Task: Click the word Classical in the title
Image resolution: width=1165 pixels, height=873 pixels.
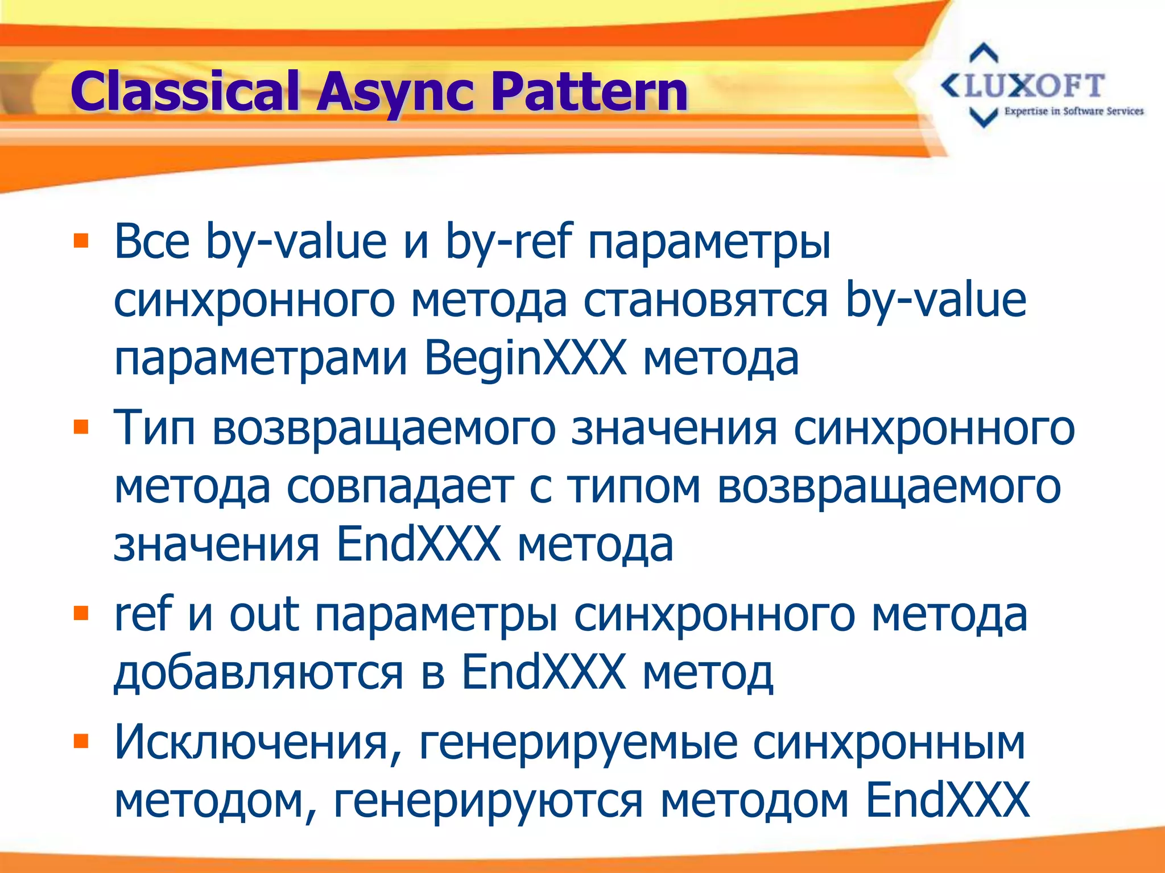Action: (x=185, y=91)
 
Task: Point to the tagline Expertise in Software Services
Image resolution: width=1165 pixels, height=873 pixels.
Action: (x=1073, y=111)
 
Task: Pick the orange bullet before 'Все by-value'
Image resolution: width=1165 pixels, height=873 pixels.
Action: (x=81, y=241)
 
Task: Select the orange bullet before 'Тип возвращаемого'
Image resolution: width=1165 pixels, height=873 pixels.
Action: (x=81, y=426)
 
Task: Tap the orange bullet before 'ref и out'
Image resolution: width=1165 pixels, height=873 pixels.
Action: (x=81, y=613)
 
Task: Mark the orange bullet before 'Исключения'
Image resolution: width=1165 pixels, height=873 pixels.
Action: (x=81, y=741)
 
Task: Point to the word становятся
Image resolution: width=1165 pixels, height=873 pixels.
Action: (x=705, y=301)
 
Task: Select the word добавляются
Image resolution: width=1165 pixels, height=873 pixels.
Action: (x=259, y=674)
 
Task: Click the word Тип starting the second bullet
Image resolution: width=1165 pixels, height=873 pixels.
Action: (x=155, y=428)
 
